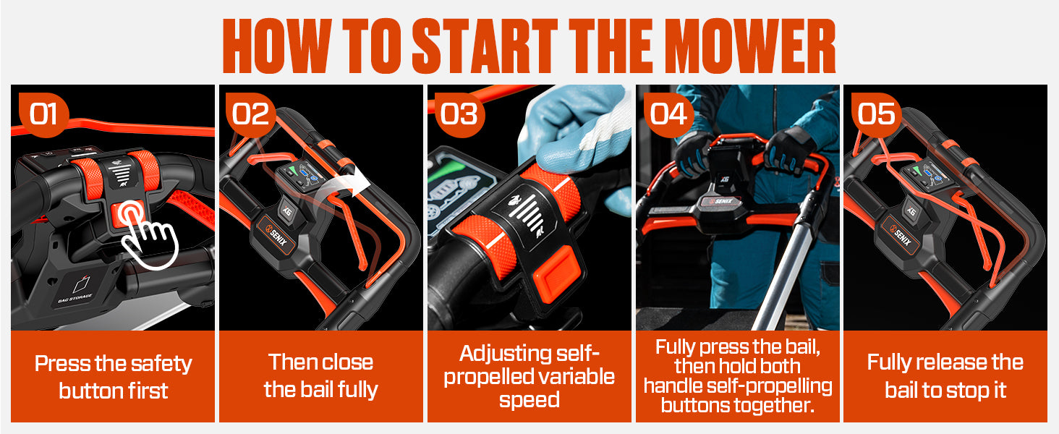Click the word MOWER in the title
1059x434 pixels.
(753, 46)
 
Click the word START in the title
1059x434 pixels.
(485, 46)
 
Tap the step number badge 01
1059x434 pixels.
(43, 115)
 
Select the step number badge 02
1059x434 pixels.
(251, 115)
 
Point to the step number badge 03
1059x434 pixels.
(459, 115)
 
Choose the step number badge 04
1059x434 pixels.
(668, 115)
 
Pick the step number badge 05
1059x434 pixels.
(876, 115)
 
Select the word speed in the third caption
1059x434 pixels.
(529, 400)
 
